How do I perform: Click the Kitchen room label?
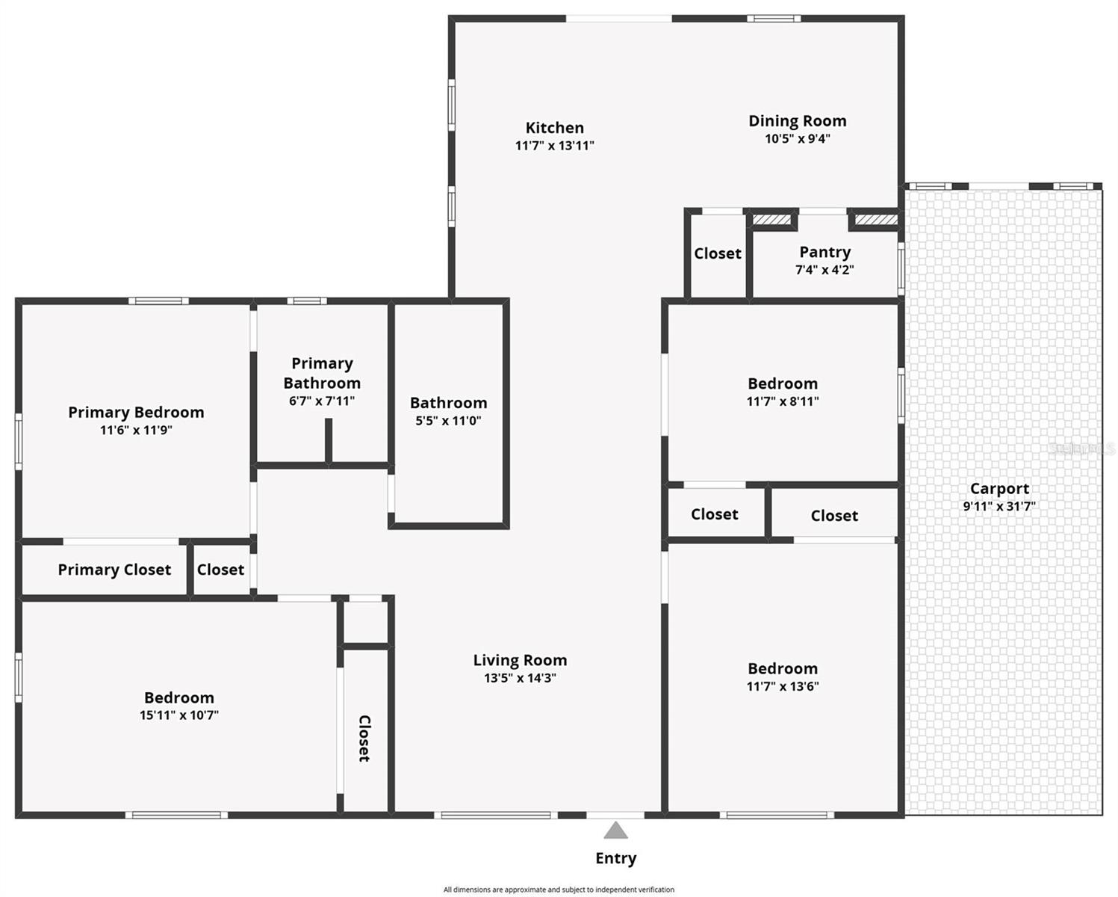click(554, 128)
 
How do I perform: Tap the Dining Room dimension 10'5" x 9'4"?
click(797, 139)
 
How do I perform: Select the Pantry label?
click(824, 252)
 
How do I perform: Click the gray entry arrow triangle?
click(615, 830)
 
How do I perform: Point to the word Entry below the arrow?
click(615, 858)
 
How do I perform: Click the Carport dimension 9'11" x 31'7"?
click(999, 506)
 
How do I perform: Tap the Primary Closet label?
click(114, 570)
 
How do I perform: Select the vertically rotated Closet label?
click(364, 739)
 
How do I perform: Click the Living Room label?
click(520, 660)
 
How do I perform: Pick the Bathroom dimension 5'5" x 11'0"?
click(448, 421)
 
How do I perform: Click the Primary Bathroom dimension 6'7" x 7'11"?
click(322, 401)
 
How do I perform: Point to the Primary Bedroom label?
click(136, 412)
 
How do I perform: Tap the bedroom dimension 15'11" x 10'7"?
click(179, 715)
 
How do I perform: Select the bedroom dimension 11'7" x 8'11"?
click(783, 401)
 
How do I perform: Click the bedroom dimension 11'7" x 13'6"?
click(783, 686)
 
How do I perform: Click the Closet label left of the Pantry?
click(717, 253)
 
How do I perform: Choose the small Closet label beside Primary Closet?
click(220, 570)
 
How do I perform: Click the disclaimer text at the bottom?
click(559, 890)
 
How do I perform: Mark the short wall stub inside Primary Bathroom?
click(328, 441)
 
